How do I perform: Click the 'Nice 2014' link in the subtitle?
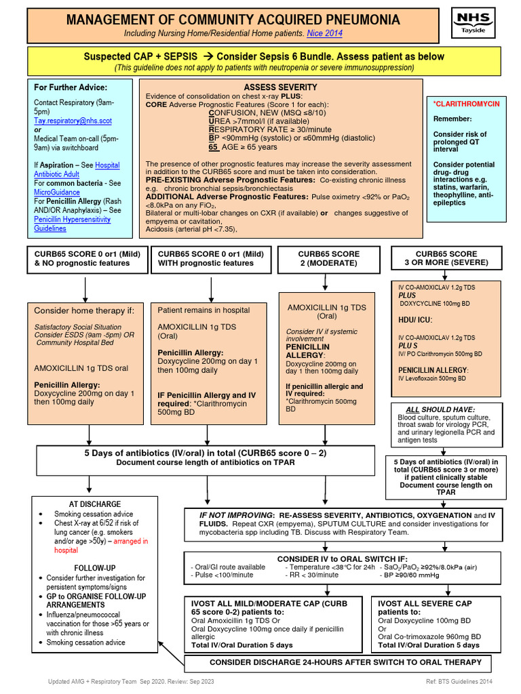[x=325, y=33]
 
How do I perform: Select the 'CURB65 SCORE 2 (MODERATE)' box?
[x=320, y=258]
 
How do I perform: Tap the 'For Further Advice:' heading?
[x=71, y=87]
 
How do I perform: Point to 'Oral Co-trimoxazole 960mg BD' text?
[x=429, y=636]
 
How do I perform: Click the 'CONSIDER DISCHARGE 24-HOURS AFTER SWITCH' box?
[x=346, y=662]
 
